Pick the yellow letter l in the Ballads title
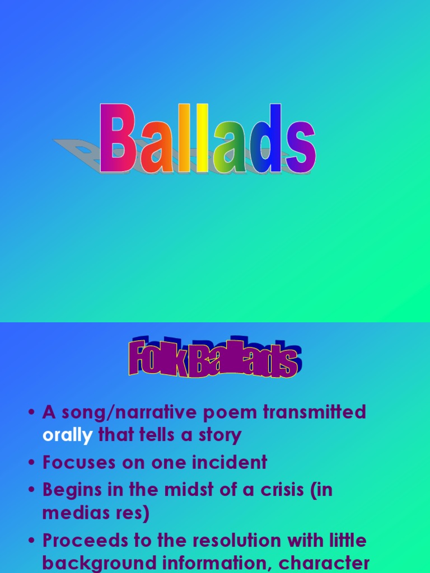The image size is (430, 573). click(201, 139)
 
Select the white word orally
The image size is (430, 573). click(67, 435)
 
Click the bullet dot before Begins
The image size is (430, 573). click(31, 490)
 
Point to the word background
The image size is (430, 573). click(93, 562)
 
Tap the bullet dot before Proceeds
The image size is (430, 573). click(31, 542)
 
